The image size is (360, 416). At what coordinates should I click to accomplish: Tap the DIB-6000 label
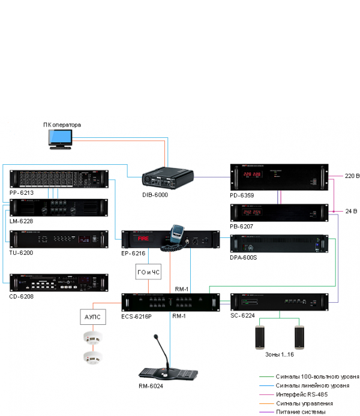(x=155, y=195)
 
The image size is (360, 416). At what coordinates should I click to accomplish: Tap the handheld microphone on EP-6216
(x=177, y=234)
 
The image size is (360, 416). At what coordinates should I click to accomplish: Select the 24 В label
(x=350, y=212)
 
